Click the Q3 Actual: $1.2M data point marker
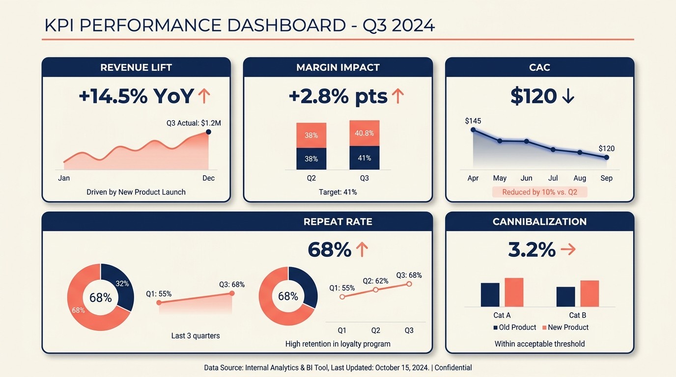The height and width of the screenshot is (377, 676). click(208, 132)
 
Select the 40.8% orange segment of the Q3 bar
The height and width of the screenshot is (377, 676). click(364, 133)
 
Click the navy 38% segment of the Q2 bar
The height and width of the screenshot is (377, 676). click(311, 159)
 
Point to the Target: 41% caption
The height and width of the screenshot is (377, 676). click(338, 192)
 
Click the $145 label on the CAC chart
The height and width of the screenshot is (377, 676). click(473, 121)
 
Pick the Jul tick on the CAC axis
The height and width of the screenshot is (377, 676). click(553, 178)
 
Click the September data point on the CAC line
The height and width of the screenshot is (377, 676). click(606, 157)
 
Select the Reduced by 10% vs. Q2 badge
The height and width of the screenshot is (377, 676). click(539, 192)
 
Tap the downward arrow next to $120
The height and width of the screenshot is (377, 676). click(567, 96)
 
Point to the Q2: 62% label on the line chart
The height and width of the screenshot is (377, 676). click(375, 281)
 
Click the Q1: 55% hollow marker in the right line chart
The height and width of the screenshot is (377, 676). click(342, 296)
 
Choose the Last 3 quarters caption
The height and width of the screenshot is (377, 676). click(196, 336)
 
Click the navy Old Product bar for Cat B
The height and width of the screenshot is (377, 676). click(565, 296)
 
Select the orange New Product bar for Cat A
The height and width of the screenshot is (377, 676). click(514, 292)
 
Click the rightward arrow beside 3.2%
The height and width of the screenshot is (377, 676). click(568, 250)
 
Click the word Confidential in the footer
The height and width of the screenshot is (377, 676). click(453, 368)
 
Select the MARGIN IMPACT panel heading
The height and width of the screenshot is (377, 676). click(338, 67)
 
